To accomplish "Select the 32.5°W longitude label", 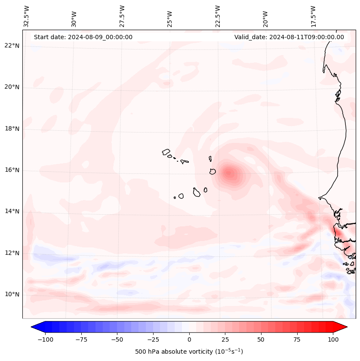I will (27, 16).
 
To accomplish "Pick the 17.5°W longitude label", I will (313, 16).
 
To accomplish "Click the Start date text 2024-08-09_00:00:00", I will (83, 37).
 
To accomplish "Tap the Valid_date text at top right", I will (289, 37).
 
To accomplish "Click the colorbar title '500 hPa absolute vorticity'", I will (189, 352).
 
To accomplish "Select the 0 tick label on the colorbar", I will (189, 339).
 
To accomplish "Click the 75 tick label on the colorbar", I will (298, 339).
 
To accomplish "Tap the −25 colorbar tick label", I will (153, 339).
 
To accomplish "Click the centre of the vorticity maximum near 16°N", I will (229, 173).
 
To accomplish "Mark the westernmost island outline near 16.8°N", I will (166, 152).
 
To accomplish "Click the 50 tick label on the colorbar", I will (262, 339).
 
